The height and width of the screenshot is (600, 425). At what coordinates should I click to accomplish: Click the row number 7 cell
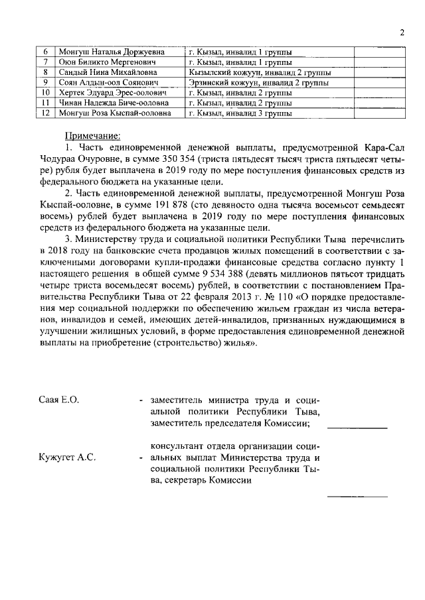45,62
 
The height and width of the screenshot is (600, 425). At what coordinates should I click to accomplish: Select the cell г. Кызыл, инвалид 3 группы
240,113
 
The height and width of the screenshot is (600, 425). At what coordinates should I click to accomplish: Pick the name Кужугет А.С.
67,457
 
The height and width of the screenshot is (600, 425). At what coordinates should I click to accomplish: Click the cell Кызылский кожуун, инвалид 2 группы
260,72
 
